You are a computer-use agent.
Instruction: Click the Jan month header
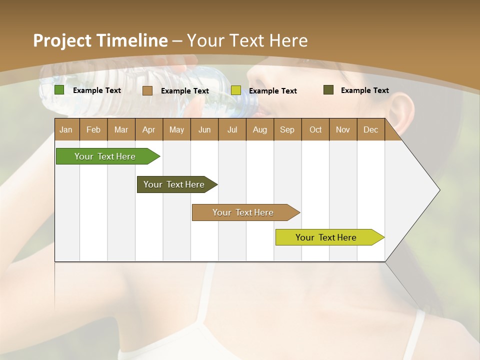point(66,130)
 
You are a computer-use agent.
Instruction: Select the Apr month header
point(148,130)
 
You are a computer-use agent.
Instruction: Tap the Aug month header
point(259,130)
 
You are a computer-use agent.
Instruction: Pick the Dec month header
point(370,130)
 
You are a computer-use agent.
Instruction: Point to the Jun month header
point(204,130)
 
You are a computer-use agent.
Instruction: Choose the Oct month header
point(315,130)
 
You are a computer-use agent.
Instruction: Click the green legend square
point(59,90)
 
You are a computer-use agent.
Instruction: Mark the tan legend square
point(147,90)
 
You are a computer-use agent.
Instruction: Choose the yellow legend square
point(236,90)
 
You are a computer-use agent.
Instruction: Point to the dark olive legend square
point(328,90)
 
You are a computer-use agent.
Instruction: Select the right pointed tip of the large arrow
point(439,190)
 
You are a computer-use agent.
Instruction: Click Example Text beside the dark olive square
point(364,90)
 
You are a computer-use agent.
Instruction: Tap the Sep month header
point(287,130)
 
